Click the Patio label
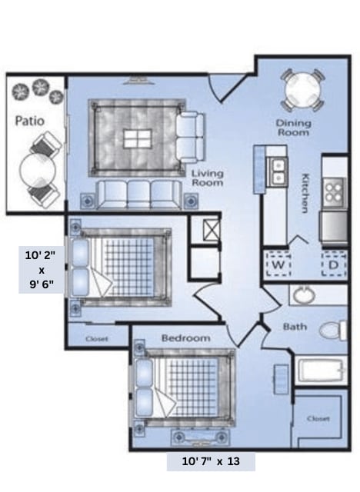pos(29,121)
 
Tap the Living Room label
pos(207,178)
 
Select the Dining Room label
pos(294,128)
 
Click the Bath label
pos(295,327)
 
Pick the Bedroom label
pos(185,337)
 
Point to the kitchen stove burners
pos(334,191)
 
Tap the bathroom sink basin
pos(302,294)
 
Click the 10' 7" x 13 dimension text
pos(211,461)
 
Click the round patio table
pos(35,170)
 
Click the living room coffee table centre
pos(138,139)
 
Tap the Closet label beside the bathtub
pos(318,419)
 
